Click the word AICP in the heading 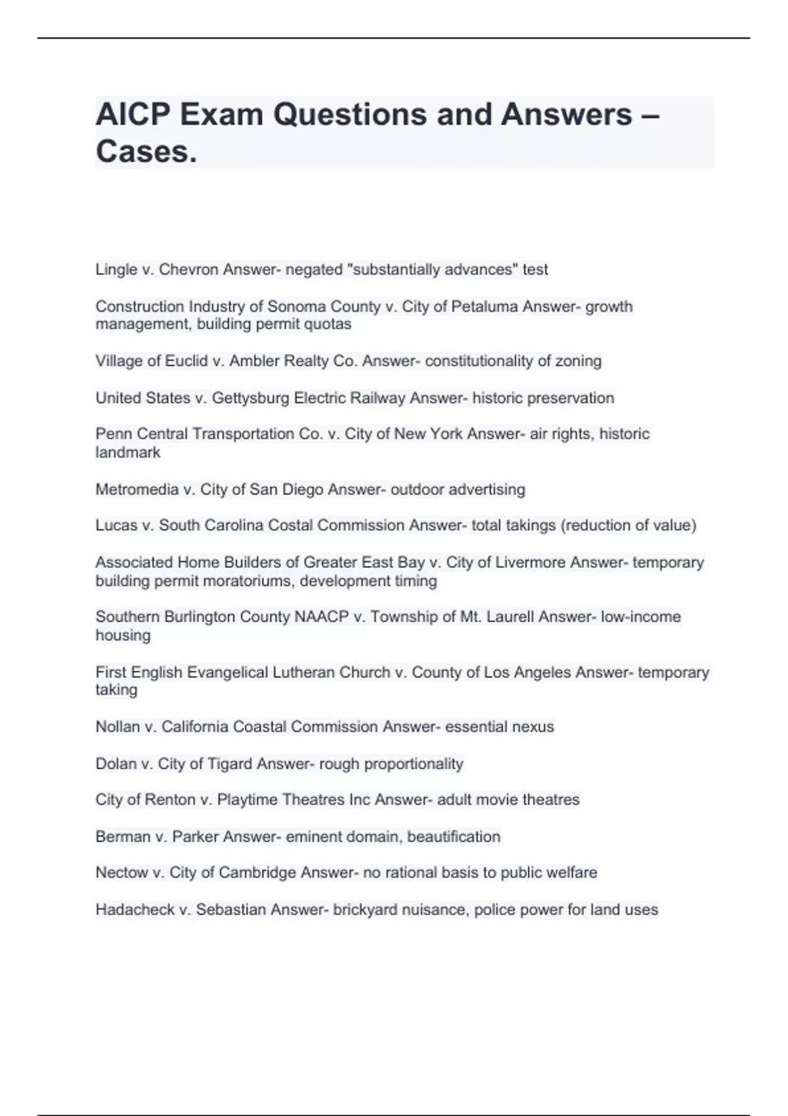coord(133,115)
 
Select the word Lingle coord(116,269)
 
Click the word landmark coord(127,452)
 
